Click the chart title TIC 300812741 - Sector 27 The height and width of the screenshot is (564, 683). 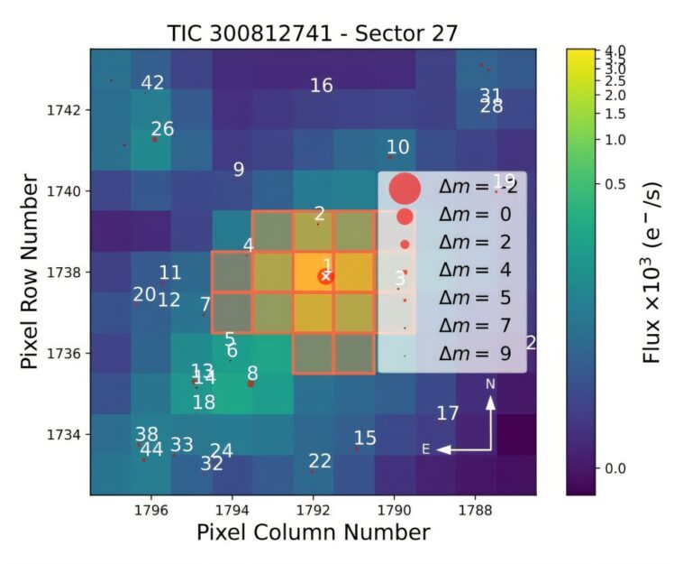click(x=313, y=33)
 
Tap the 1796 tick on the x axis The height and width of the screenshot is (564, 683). click(x=150, y=509)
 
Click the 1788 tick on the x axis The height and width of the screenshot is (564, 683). click(x=475, y=509)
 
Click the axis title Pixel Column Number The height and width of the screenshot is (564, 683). click(x=313, y=532)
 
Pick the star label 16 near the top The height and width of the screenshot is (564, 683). click(x=322, y=86)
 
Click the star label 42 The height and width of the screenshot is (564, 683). click(x=152, y=83)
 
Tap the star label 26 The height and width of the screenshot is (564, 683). click(x=162, y=129)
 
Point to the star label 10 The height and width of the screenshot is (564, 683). click(x=397, y=147)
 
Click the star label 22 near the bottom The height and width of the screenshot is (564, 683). click(x=320, y=461)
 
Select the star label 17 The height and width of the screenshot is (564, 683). click(x=448, y=413)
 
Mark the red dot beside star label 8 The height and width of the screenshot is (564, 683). click(x=250, y=384)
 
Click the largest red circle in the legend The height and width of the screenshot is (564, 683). click(x=405, y=190)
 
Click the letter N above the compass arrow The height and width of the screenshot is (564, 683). click(x=491, y=384)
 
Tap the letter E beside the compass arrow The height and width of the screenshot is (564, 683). click(x=426, y=448)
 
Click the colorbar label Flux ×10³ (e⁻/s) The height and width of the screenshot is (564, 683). click(x=651, y=272)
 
